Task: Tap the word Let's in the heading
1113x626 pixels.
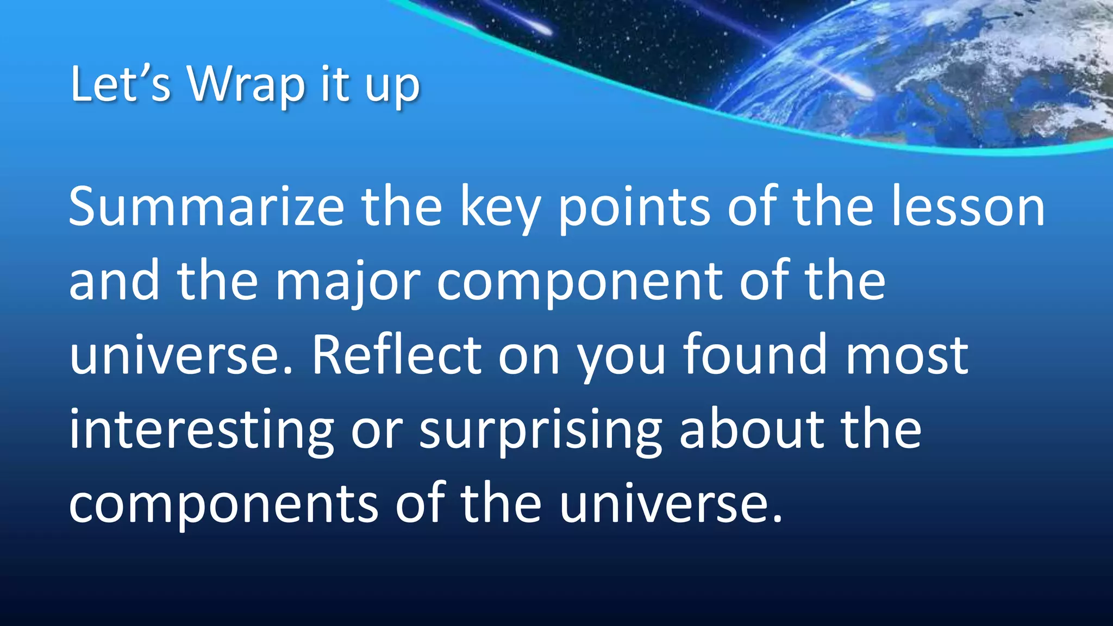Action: (120, 85)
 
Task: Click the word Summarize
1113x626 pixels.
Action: (206, 207)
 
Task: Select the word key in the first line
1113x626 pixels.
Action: (501, 209)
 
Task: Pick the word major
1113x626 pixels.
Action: (348, 283)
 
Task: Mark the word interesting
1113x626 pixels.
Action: (201, 430)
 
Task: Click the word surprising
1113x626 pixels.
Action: (540, 431)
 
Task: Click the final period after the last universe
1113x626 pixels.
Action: (777, 519)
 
